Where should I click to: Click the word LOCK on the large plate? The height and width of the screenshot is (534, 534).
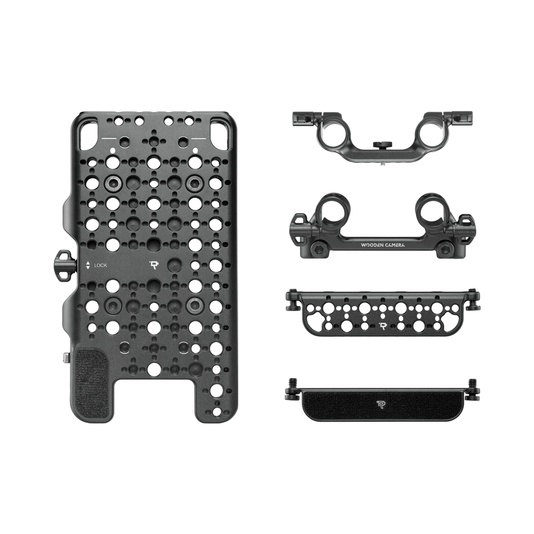[100, 265]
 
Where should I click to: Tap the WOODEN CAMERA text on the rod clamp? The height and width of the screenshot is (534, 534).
[383, 245]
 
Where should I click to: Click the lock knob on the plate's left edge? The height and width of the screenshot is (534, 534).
[64, 266]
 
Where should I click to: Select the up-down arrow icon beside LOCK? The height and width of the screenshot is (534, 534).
[88, 265]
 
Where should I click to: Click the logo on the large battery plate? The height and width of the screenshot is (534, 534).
[154, 265]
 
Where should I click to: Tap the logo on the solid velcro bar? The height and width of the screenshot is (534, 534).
[381, 404]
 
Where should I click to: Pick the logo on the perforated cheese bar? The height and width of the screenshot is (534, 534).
[384, 326]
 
